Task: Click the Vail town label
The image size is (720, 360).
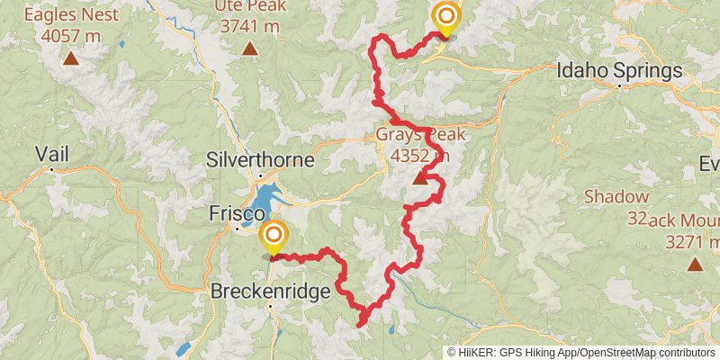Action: click(51, 153)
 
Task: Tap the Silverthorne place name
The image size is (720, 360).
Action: click(260, 160)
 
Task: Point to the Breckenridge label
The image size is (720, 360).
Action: click(270, 292)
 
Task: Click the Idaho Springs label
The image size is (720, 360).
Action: click(620, 70)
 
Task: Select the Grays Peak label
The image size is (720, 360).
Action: click(420, 136)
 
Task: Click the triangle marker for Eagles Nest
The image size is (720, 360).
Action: click(70, 59)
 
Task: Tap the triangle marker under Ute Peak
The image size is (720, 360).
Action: click(248, 49)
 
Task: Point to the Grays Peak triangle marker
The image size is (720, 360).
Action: click(420, 178)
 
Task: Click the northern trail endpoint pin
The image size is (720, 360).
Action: click(445, 18)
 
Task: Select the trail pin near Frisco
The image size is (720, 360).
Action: click(273, 238)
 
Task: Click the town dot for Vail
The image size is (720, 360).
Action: click(52, 168)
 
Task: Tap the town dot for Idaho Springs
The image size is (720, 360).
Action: click(620, 86)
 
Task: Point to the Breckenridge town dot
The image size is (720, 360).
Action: click(271, 306)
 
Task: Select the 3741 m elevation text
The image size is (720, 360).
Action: click(248, 27)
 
